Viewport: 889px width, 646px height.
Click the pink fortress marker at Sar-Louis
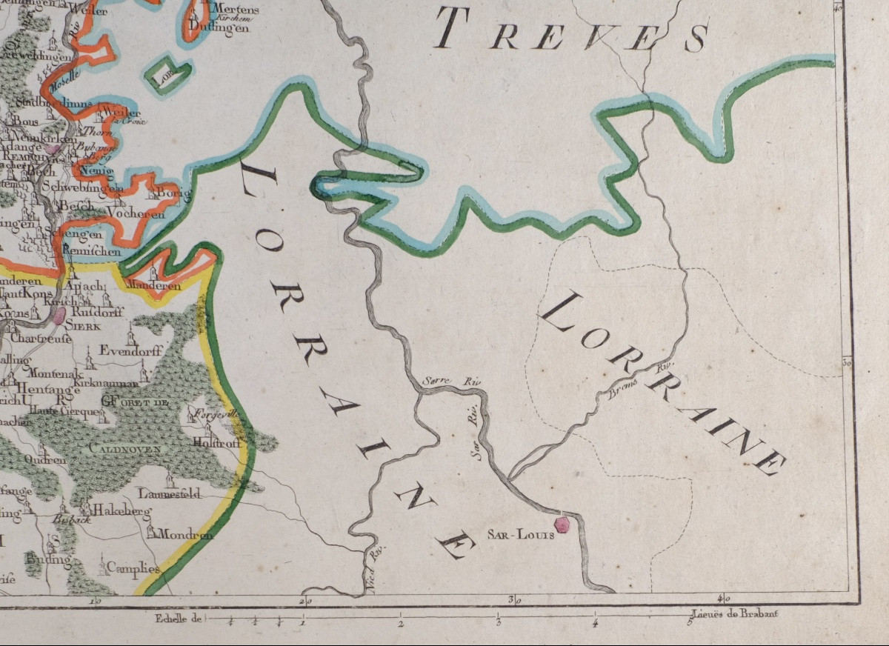[563, 525]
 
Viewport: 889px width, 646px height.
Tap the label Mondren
[185, 533]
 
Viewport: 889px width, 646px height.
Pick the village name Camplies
[133, 568]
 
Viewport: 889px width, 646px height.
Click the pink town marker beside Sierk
[59, 316]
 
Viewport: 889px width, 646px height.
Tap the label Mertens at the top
[235, 10]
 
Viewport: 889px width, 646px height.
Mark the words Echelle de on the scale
[178, 617]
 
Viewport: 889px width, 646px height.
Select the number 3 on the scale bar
[499, 624]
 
